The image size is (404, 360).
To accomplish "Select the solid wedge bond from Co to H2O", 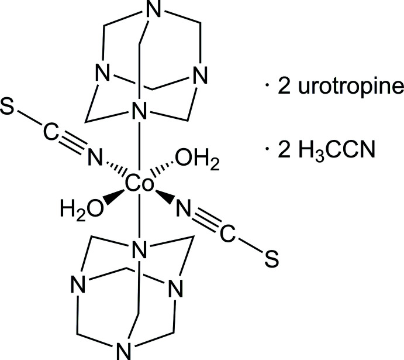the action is pyautogui.click(x=115, y=196).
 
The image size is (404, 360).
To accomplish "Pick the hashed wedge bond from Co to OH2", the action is pyautogui.click(x=164, y=172).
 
